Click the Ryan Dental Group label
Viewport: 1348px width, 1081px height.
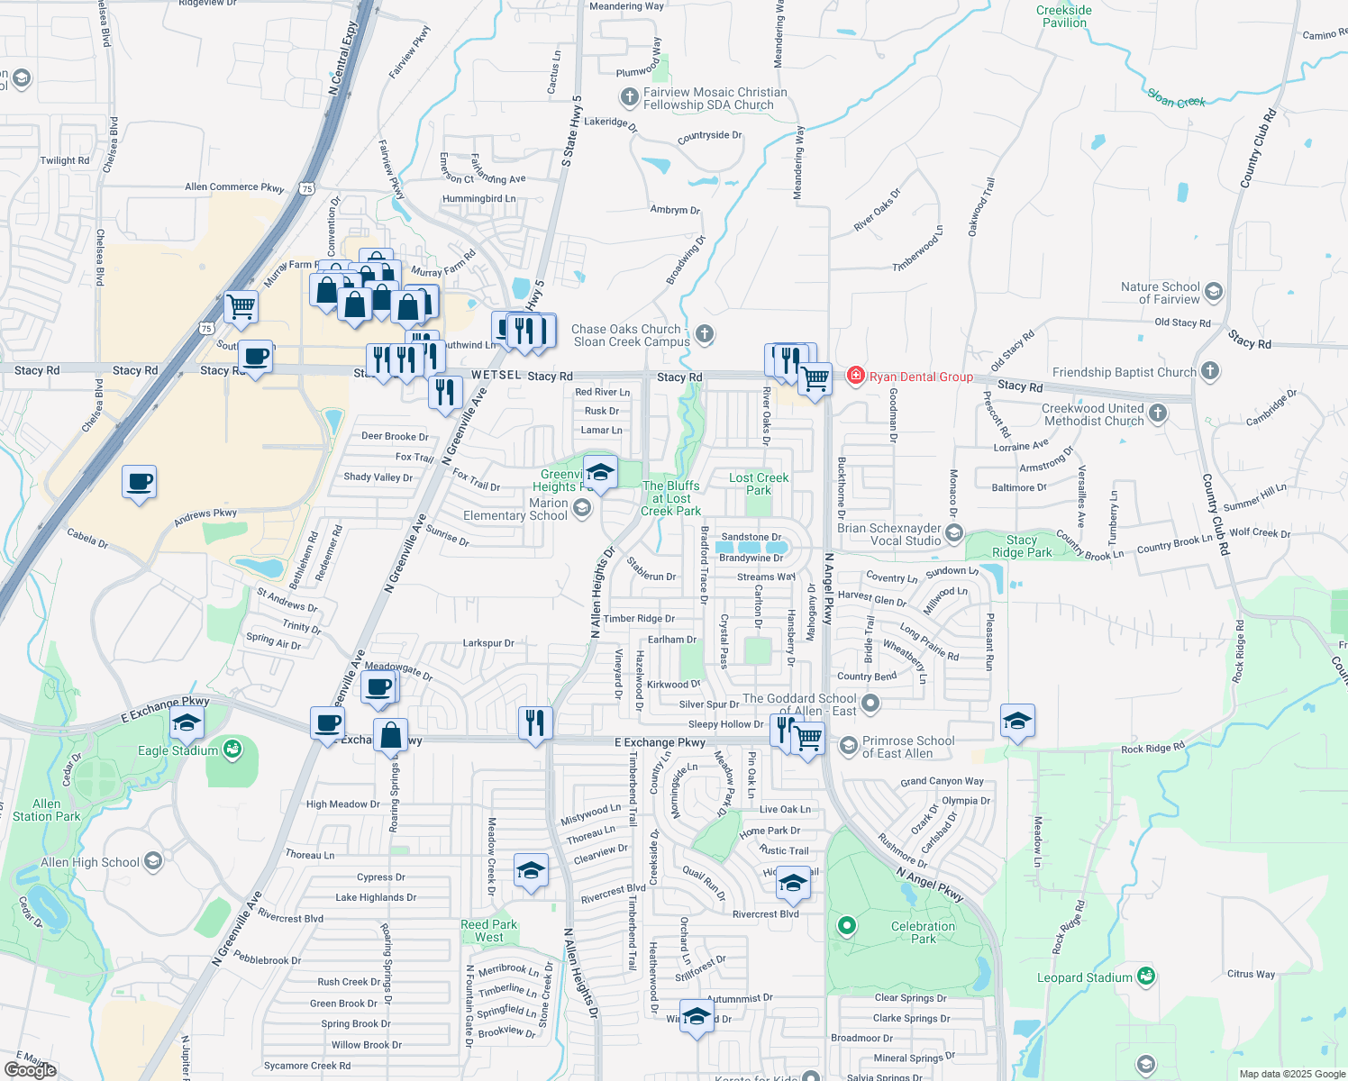pyautogui.click(x=921, y=377)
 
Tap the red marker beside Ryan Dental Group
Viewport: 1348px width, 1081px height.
pyautogui.click(x=855, y=376)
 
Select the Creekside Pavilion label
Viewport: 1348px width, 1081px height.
pyautogui.click(x=1064, y=16)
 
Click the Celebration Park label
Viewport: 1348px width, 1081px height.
pyautogui.click(x=924, y=932)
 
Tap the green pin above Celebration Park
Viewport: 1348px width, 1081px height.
pyautogui.click(x=846, y=925)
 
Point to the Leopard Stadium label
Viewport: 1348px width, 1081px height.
pyautogui.click(x=1085, y=977)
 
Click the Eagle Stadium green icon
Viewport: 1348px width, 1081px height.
pyautogui.click(x=233, y=749)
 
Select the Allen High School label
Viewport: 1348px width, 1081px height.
pyautogui.click(x=90, y=862)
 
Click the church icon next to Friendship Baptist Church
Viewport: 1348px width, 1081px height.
pyautogui.click(x=1210, y=370)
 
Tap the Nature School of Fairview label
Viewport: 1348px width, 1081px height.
pyautogui.click(x=1161, y=293)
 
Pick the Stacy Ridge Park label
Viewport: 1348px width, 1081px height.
pyautogui.click(x=1022, y=546)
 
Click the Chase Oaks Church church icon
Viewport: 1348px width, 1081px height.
pyautogui.click(x=705, y=334)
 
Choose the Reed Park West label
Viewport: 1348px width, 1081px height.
pyautogui.click(x=489, y=931)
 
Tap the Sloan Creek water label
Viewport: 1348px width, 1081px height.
pyautogui.click(x=1176, y=98)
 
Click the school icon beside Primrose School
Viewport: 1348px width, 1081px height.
pyautogui.click(x=848, y=745)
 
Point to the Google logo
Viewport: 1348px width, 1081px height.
pyautogui.click(x=30, y=1069)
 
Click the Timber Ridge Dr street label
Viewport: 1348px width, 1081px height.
pyautogui.click(x=639, y=619)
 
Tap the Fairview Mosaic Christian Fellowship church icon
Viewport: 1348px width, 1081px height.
pyautogui.click(x=629, y=96)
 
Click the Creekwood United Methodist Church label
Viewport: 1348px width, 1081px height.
pyautogui.click(x=1093, y=414)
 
